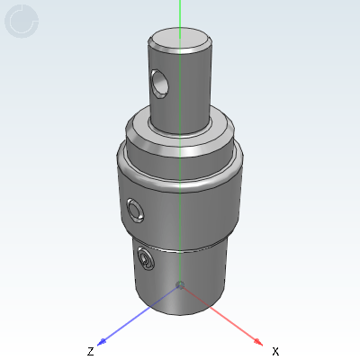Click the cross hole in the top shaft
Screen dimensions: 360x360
159,83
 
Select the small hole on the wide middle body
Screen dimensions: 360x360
135,211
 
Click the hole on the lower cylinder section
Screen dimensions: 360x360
146,261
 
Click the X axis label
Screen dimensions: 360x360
275,351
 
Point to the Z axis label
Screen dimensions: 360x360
90,351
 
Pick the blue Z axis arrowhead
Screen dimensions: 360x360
103,341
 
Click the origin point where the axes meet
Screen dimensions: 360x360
180,285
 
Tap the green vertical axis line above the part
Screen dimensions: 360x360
180,13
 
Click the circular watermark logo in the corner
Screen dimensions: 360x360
22,22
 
